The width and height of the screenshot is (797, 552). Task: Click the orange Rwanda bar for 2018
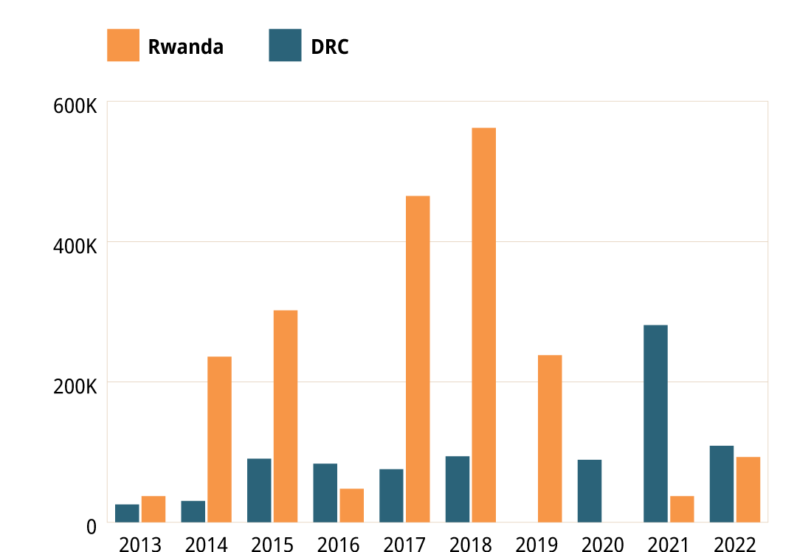click(484, 325)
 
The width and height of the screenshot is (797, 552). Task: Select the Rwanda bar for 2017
click(418, 359)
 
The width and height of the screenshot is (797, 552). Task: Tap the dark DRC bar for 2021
click(655, 424)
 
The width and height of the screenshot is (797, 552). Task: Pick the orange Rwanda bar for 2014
click(219, 439)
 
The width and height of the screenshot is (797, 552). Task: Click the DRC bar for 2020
click(590, 491)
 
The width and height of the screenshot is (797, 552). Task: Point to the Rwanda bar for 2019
click(550, 438)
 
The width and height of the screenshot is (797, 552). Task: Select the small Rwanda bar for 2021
click(682, 509)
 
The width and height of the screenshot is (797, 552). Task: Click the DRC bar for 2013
click(127, 513)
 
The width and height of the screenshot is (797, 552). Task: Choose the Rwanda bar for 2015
click(286, 416)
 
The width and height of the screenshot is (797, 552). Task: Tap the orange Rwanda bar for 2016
click(351, 506)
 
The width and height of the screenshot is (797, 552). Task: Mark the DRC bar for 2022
click(722, 484)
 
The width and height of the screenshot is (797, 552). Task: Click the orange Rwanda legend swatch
click(123, 46)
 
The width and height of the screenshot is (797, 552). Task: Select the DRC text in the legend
click(329, 47)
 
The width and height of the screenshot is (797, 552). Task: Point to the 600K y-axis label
click(75, 106)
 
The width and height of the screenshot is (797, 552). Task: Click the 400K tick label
click(75, 246)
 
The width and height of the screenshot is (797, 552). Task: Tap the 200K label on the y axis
click(75, 387)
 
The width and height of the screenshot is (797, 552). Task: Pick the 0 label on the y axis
click(92, 527)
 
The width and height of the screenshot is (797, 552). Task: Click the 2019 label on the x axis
click(536, 545)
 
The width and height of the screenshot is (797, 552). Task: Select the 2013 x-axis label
click(140, 545)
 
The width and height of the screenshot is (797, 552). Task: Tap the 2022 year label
click(735, 545)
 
